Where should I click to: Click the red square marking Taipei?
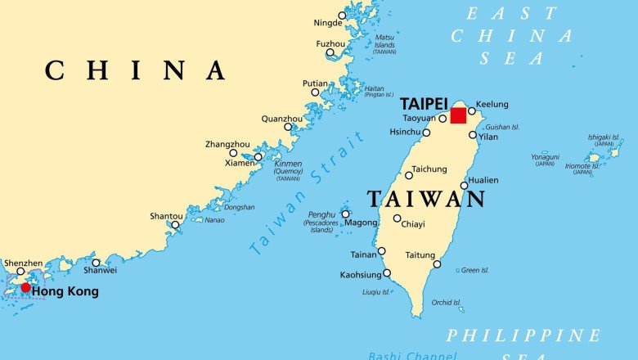click(458, 115)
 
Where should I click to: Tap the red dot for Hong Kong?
click(25, 287)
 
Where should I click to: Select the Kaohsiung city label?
click(361, 275)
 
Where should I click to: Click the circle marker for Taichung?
click(409, 175)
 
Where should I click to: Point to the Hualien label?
click(483, 180)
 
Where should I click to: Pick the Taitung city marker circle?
click(437, 264)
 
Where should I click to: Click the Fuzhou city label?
click(330, 43)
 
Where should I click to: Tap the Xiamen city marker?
click(258, 157)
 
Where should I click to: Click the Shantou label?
click(166, 216)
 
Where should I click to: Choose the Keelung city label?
click(492, 104)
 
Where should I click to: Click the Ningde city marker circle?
click(342, 16)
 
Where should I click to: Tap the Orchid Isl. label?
click(447, 303)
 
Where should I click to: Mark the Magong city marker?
click(345, 214)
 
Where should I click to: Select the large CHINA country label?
click(135, 70)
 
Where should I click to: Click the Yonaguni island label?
click(545, 156)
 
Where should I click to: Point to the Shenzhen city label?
click(23, 263)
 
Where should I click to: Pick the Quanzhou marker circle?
click(288, 127)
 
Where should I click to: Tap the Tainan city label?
click(363, 254)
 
